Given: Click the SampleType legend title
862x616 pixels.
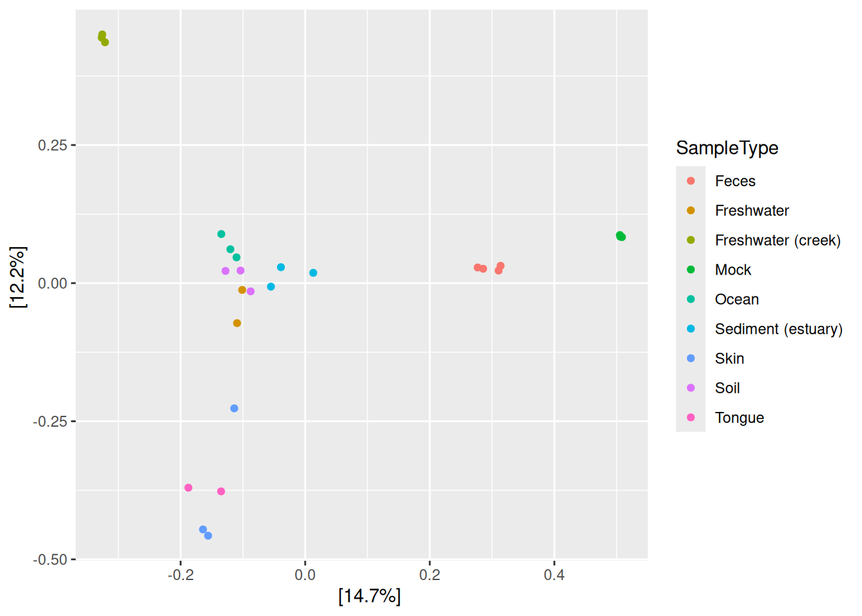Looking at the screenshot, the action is click(727, 148).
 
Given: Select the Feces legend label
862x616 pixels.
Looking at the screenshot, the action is click(735, 181).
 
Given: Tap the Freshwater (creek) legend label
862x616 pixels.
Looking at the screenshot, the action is click(778, 240).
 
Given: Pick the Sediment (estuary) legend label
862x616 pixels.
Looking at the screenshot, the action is click(779, 329).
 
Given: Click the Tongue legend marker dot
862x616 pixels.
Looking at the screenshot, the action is click(691, 417).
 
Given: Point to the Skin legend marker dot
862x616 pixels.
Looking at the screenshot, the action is click(691, 359).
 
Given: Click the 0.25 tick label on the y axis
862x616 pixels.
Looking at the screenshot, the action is click(53, 145).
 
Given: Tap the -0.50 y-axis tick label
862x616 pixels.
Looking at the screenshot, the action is click(50, 560).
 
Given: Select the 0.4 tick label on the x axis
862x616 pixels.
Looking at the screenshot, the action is click(554, 575).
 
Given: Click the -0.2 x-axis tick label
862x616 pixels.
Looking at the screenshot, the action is click(180, 575).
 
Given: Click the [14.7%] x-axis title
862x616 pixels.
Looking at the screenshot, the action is click(369, 596).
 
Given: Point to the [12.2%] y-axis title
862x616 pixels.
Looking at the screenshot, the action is click(18, 277).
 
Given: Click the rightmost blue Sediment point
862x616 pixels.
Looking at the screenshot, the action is click(313, 273).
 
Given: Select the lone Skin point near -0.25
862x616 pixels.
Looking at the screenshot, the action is click(234, 408).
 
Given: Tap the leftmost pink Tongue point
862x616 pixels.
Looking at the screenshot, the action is click(188, 488).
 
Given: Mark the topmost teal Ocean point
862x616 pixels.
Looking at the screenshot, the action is click(221, 234).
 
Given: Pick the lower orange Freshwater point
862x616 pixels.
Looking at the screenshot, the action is click(237, 323).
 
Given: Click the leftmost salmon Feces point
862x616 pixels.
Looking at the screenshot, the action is click(478, 268).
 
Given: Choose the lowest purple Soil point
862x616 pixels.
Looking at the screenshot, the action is click(251, 291).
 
